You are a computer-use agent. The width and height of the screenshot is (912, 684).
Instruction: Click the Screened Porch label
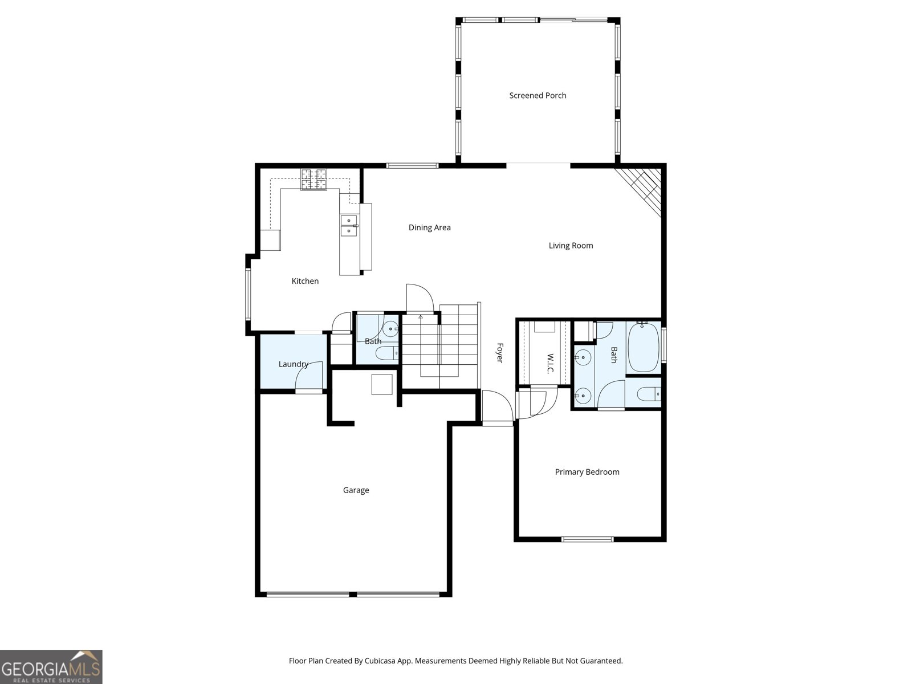[538, 96]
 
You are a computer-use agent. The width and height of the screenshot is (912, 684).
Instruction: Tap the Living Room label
[571, 246]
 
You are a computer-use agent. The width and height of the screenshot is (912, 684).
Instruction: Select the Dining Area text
[429, 227]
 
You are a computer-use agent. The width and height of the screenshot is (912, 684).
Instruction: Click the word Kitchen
[305, 281]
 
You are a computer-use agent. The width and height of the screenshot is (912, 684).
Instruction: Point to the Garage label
[356, 490]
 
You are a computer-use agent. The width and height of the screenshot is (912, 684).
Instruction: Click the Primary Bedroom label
[587, 472]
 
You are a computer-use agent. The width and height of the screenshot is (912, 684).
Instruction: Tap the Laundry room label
[293, 364]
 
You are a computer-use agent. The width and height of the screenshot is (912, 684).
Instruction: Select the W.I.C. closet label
[550, 364]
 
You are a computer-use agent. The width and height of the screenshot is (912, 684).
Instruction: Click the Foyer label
[499, 352]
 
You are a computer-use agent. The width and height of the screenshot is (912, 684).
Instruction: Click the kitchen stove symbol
[313, 180]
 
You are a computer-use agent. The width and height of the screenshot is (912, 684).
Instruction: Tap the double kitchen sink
[349, 226]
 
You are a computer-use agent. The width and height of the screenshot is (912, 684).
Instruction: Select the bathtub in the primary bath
[644, 347]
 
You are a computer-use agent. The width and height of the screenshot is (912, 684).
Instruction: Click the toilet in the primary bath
[649, 393]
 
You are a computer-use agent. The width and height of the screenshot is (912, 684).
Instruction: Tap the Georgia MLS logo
[51, 667]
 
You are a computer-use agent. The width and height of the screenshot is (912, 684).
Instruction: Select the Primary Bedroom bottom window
[587, 539]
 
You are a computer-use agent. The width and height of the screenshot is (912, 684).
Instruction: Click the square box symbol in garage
[382, 384]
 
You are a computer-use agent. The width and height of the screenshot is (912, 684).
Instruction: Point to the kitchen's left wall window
[249, 294]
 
